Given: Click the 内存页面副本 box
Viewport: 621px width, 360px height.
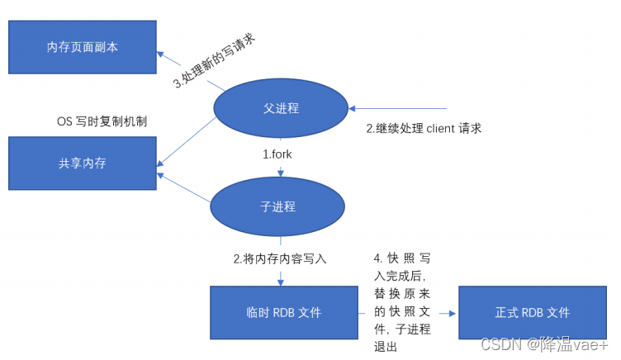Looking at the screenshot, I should pyautogui.click(x=82, y=46).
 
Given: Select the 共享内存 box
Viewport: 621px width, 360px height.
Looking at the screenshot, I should pyautogui.click(x=82, y=163).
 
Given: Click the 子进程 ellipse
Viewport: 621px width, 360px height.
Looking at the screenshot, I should pyautogui.click(x=277, y=206).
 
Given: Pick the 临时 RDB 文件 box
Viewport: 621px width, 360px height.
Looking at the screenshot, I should pyautogui.click(x=283, y=313).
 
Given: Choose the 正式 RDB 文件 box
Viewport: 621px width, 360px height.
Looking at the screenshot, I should pyautogui.click(x=533, y=313).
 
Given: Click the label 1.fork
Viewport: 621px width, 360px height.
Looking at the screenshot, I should pyautogui.click(x=277, y=154).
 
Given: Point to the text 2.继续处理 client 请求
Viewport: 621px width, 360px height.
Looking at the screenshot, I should pyautogui.click(x=424, y=128).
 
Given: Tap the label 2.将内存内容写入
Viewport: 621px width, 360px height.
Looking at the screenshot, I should pyautogui.click(x=280, y=258).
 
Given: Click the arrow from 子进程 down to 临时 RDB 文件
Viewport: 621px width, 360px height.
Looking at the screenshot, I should pyautogui.click(x=281, y=268).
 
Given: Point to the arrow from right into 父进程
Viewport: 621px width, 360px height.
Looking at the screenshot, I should pyautogui.click(x=396, y=108).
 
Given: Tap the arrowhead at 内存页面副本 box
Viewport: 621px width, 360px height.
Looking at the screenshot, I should pyautogui.click(x=164, y=56).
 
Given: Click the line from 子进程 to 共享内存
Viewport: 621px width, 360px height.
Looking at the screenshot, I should pyautogui.click(x=187, y=188).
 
